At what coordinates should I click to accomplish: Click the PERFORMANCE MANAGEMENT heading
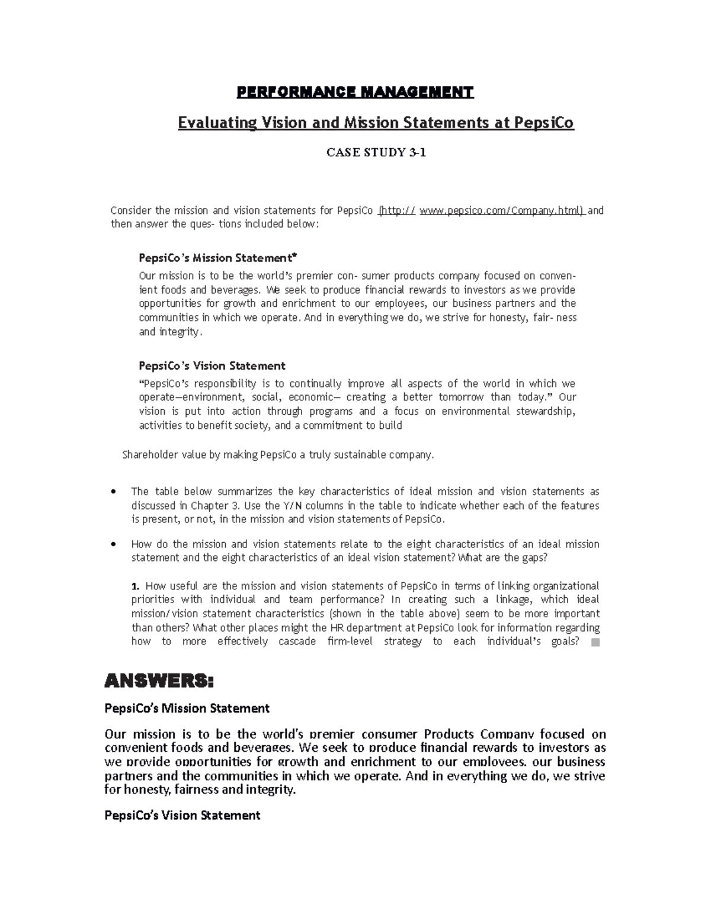(x=355, y=92)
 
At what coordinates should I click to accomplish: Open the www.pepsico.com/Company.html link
(x=501, y=210)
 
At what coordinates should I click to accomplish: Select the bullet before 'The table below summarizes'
(x=114, y=492)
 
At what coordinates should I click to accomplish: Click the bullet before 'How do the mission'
(x=114, y=544)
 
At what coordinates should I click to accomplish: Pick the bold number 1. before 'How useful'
(x=135, y=586)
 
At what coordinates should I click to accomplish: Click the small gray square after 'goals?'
(x=595, y=642)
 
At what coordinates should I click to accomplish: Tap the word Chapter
(x=210, y=505)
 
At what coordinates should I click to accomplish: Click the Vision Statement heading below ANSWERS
(x=182, y=816)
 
